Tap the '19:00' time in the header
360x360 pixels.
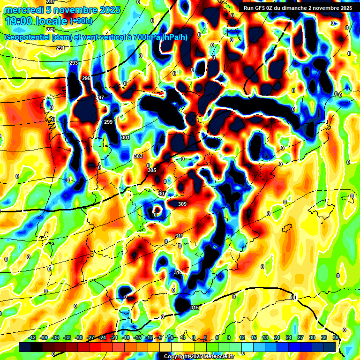point(19,21)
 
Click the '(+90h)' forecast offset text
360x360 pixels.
point(81,21)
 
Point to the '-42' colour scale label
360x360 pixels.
point(32,337)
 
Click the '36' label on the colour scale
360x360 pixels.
point(336,337)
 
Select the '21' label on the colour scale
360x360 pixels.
point(277,337)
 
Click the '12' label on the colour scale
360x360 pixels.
point(242,337)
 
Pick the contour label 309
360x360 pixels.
point(182,204)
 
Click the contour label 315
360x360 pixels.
point(195,307)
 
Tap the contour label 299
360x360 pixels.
point(108,122)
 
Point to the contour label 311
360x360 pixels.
point(179,236)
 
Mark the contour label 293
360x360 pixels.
point(74,63)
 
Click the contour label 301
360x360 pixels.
point(125,137)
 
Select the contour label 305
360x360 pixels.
point(151,170)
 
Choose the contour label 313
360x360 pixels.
point(178,272)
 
